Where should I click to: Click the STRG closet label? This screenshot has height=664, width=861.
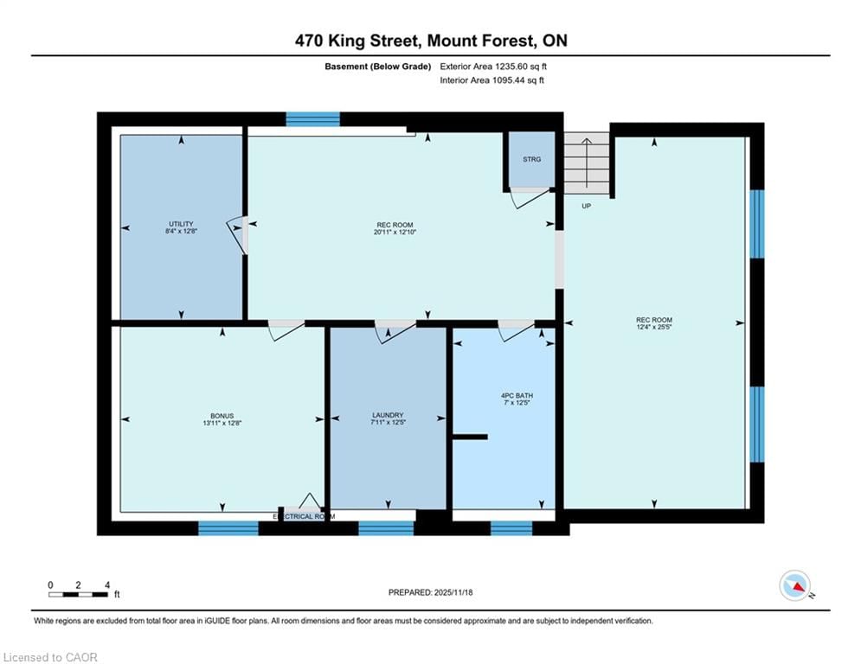click(531, 159)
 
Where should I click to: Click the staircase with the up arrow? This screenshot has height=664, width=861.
click(587, 163)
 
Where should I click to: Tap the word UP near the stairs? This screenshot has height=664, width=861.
click(586, 206)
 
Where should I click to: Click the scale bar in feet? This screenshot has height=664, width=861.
click(79, 593)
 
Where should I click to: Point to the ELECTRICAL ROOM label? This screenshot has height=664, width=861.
click(303, 516)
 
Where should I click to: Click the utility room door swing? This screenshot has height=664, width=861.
click(237, 234)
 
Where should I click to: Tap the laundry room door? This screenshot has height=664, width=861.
click(395, 330)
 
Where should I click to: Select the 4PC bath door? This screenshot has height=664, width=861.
click(516, 330)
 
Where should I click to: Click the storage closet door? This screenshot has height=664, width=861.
click(528, 198)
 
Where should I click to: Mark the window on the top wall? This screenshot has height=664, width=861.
click(312, 119)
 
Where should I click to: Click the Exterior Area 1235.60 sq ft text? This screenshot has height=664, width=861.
click(493, 66)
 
